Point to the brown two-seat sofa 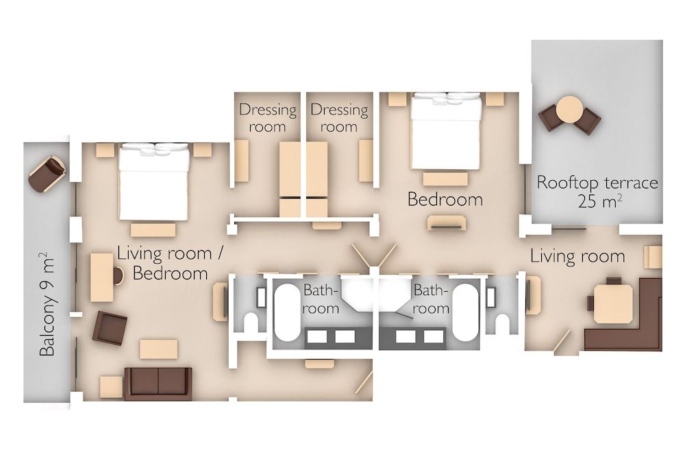pyautogui.click(x=158, y=384)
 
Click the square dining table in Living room pyautogui.click(x=613, y=303)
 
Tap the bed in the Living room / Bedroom pyautogui.click(x=153, y=182)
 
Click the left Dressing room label pyautogui.click(x=267, y=118)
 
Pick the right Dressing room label pyautogui.click(x=339, y=118)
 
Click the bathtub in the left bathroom pyautogui.click(x=287, y=312)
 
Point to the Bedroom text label pyautogui.click(x=445, y=199)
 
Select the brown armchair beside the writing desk pyautogui.click(x=110, y=327)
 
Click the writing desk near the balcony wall pyautogui.click(x=103, y=277)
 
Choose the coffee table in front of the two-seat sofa pyautogui.click(x=158, y=349)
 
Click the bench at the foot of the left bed pyautogui.click(x=153, y=229)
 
